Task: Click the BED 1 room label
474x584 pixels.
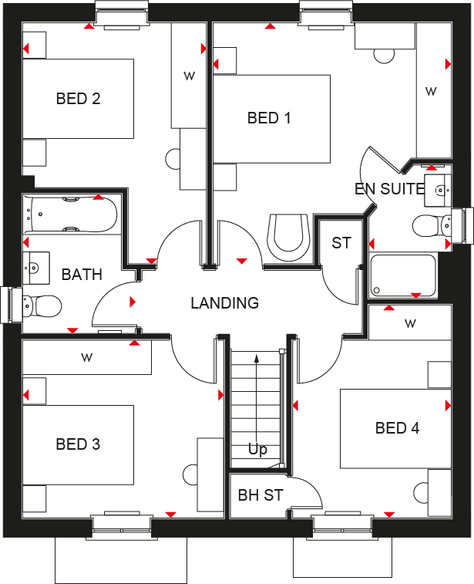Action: click(x=269, y=118)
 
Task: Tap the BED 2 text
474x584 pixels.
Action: click(x=78, y=99)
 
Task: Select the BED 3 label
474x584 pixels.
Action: click(x=78, y=444)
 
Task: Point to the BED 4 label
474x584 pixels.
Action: click(x=397, y=428)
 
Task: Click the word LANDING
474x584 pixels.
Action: click(x=224, y=303)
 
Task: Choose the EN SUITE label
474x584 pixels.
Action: click(x=389, y=188)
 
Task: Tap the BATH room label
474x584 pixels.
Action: click(x=82, y=274)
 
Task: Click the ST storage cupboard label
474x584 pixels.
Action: click(x=341, y=243)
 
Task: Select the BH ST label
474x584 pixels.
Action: click(x=261, y=495)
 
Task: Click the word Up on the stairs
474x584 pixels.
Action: click(x=257, y=449)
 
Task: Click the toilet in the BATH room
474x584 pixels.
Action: click(x=42, y=306)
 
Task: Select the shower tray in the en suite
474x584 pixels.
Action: click(x=403, y=275)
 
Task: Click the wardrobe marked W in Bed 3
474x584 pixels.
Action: click(x=86, y=357)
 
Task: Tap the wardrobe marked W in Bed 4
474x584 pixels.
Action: click(x=409, y=322)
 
